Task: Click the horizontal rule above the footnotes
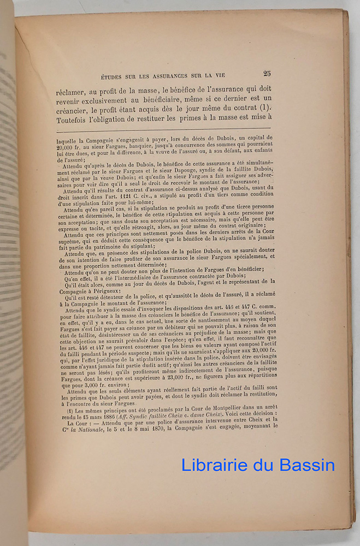tap(163, 129)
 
